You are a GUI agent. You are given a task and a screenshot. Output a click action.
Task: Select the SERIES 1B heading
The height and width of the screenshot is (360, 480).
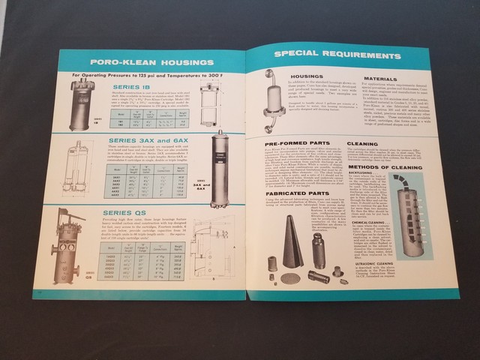[131, 86]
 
